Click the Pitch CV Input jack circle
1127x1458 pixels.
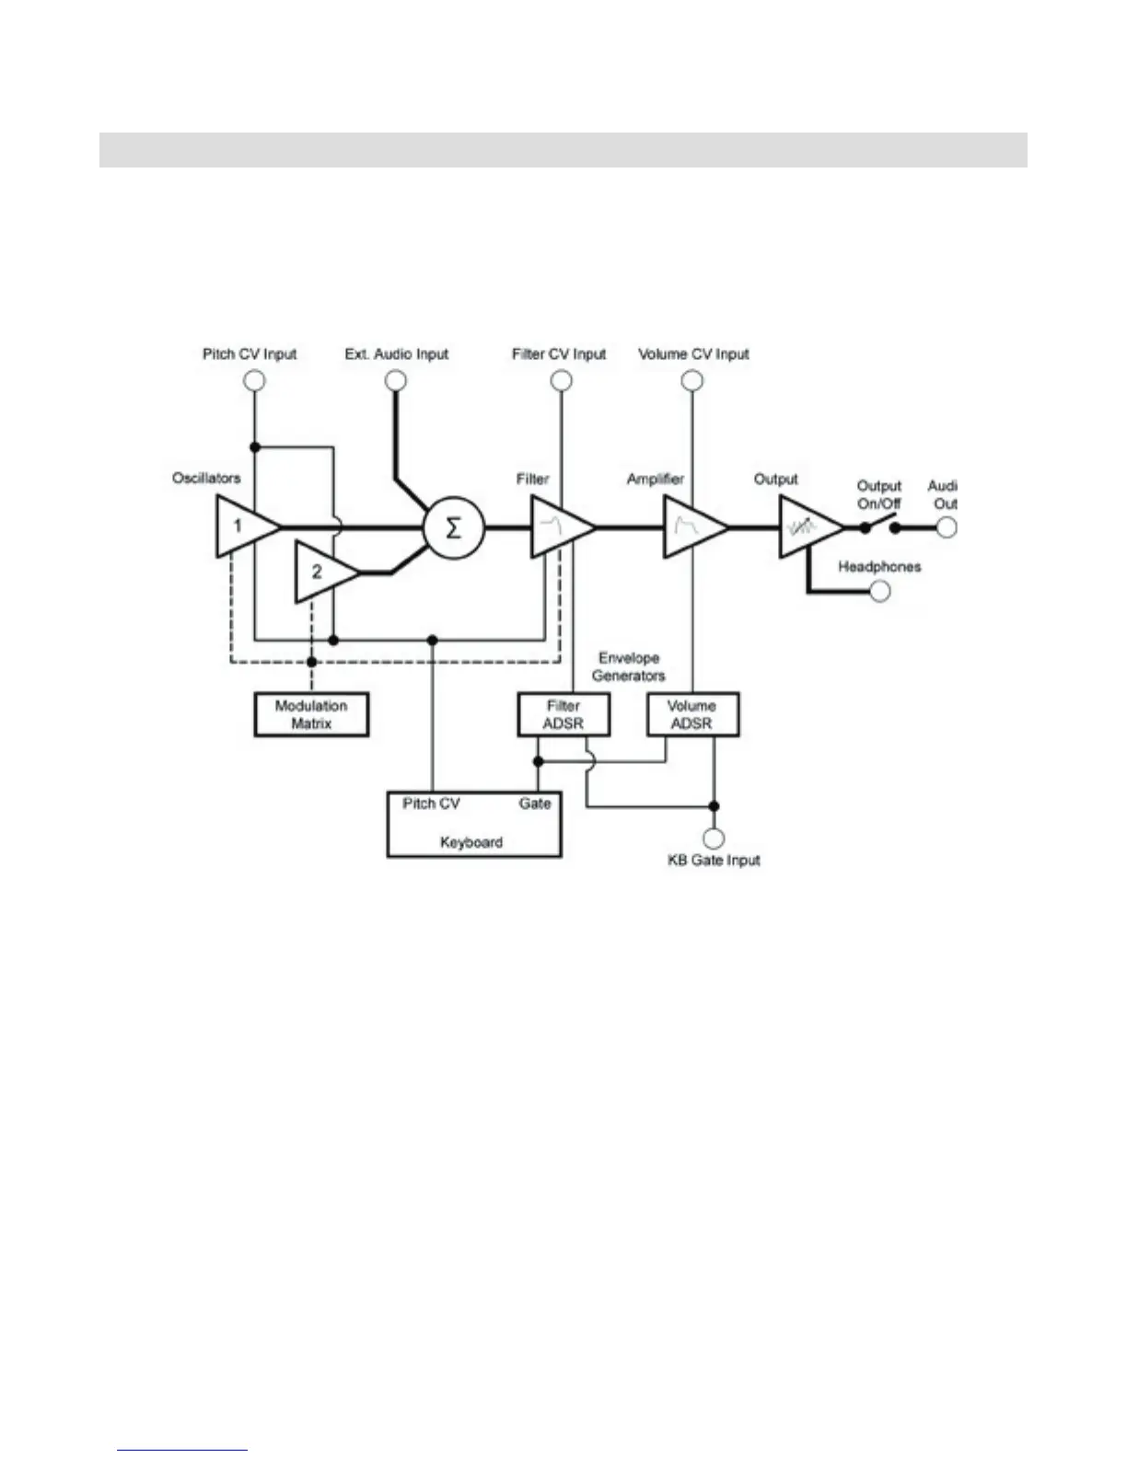click(255, 380)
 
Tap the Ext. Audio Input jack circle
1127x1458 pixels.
click(396, 380)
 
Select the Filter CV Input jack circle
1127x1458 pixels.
click(561, 380)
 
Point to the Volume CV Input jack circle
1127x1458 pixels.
click(692, 380)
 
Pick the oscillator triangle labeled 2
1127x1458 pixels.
click(321, 573)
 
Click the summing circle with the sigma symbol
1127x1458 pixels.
click(453, 528)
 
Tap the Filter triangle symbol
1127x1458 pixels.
click(558, 527)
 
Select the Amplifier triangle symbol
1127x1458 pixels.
click(691, 527)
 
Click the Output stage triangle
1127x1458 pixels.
click(806, 527)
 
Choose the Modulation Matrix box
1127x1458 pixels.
click(311, 714)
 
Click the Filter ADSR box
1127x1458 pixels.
click(563, 714)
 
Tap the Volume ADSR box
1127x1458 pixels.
click(691, 714)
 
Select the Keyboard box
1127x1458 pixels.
click(473, 824)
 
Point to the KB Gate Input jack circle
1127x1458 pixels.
click(714, 838)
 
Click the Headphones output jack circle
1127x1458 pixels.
click(880, 591)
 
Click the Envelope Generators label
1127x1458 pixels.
click(628, 666)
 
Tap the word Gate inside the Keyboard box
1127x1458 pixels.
click(534, 804)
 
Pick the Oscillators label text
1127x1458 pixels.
click(206, 478)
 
